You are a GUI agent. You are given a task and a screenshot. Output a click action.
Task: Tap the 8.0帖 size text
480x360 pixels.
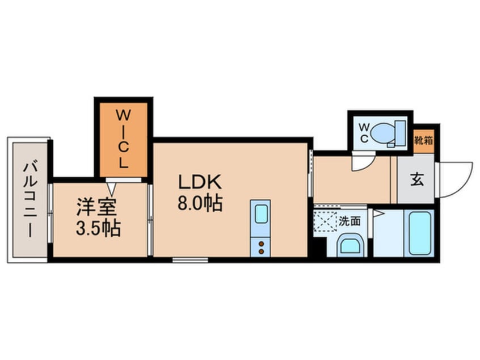(x=200, y=202)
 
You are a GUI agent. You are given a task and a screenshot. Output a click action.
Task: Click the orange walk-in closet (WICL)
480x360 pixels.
(x=124, y=139)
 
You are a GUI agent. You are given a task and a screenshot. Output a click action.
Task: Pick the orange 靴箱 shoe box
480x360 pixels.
(x=423, y=140)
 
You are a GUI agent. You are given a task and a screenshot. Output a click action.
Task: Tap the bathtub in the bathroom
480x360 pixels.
(x=420, y=233)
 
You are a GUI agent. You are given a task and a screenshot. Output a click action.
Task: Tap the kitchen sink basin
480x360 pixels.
(x=260, y=214)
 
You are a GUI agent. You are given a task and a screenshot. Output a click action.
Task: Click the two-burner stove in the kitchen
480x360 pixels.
(x=261, y=246)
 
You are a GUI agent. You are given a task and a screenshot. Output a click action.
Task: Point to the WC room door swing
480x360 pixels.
(x=360, y=163)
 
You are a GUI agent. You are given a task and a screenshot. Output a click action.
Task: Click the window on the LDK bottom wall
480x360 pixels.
(x=190, y=260)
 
